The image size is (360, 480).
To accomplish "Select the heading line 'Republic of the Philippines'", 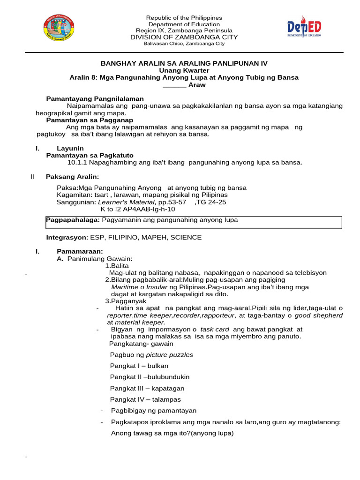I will (x=184, y=18).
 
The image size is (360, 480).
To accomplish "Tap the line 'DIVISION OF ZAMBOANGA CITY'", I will (x=184, y=37).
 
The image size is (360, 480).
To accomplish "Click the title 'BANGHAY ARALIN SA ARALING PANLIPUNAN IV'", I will (x=184, y=63).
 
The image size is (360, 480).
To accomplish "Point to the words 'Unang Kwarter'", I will (x=184, y=70).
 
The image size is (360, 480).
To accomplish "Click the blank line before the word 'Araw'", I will (x=174, y=85).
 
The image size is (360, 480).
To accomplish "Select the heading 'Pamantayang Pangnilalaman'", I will (x=95, y=99).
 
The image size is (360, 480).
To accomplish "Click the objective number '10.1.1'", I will (x=77, y=163).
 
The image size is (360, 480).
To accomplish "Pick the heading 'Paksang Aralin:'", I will (x=72, y=177).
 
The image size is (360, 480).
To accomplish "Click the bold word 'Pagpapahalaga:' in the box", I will (x=73, y=220).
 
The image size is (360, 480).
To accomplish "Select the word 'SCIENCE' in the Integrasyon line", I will (x=186, y=238).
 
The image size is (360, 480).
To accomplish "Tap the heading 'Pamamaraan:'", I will (x=80, y=252).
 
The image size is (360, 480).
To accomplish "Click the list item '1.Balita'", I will (x=117, y=266).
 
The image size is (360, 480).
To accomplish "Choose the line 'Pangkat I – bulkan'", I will (x=139, y=366).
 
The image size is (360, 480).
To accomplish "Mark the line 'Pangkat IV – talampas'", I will (x=145, y=400).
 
